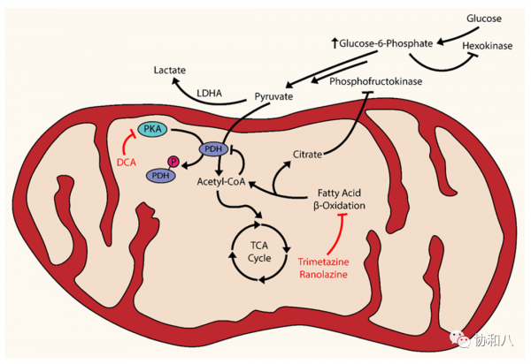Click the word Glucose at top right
coord(484,19)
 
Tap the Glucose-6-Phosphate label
coord(386,43)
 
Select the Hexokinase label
coord(488,46)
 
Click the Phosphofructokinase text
coord(376,81)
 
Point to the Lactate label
coord(170,70)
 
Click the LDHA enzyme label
coord(209,93)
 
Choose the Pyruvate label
coord(273,96)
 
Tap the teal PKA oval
coord(152,130)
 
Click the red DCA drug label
coord(127,163)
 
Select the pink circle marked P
coord(173,162)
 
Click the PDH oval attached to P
coord(160,176)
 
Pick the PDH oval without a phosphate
coord(213,148)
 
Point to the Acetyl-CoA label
coord(221,181)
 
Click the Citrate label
coord(307,155)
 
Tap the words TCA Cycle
coord(259,252)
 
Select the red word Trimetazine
coord(323,262)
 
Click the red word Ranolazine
coord(323,274)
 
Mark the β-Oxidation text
coord(339,206)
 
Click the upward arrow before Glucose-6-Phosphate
coord(335,43)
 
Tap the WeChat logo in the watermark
coord(460,338)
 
